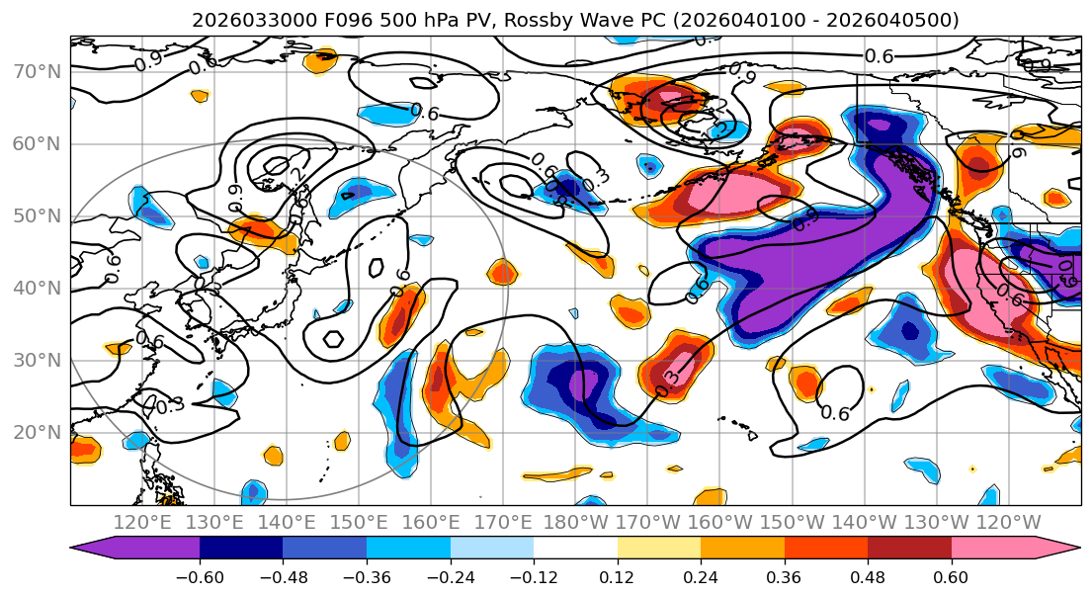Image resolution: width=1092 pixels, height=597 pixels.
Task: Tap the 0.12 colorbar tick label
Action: click(617, 576)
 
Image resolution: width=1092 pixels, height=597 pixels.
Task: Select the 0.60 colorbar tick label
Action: click(951, 576)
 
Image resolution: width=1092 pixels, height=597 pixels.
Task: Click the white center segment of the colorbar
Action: click(575, 549)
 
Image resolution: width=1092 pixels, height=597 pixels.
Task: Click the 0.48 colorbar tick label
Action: click(867, 576)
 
